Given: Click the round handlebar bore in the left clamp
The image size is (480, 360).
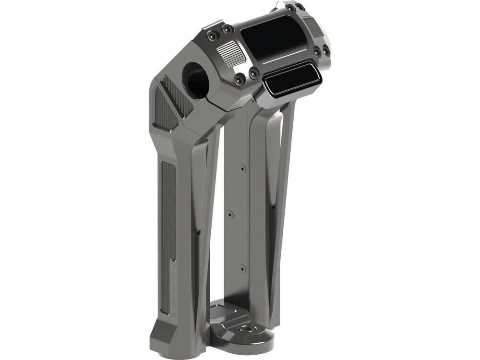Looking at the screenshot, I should [196, 79].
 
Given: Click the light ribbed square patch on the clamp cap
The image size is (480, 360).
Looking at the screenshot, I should [232, 52].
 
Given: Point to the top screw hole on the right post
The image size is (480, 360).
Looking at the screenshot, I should [243, 168].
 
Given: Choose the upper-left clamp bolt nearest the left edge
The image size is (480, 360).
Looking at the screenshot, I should [212, 35].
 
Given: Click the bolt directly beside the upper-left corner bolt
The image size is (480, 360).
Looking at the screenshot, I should [226, 29].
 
